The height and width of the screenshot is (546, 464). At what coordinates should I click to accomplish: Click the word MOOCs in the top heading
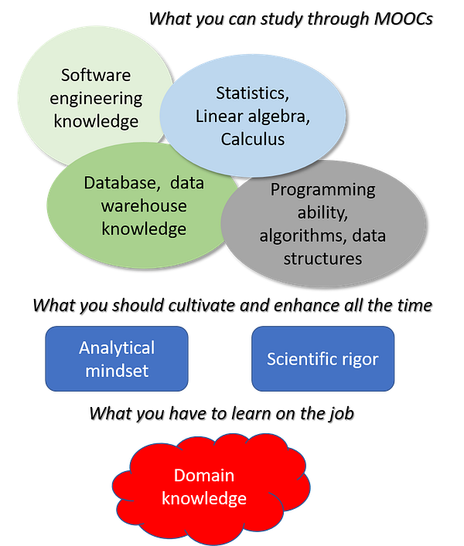[403, 19]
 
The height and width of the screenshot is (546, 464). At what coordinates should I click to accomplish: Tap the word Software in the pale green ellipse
[96, 75]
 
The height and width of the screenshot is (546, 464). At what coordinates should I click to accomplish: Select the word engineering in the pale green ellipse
[96, 100]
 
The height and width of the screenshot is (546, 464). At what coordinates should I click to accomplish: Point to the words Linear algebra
[252, 117]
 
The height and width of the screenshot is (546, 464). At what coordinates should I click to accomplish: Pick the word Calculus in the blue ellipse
[252, 139]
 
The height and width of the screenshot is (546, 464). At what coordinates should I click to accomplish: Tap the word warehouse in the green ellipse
[144, 206]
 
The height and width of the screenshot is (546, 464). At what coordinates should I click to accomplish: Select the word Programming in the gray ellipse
[322, 191]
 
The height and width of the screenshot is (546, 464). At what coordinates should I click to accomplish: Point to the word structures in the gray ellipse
[322, 259]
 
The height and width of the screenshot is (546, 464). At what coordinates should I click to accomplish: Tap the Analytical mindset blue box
[117, 358]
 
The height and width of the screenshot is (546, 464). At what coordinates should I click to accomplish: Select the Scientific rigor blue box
[322, 358]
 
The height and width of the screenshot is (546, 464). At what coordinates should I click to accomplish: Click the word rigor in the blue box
[360, 360]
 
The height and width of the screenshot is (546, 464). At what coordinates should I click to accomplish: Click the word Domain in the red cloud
[204, 476]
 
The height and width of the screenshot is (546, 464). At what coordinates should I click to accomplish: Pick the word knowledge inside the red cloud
[204, 499]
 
